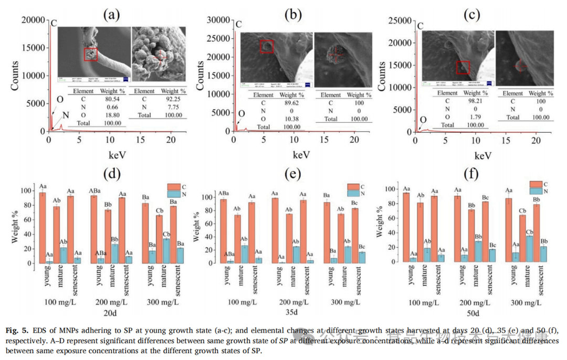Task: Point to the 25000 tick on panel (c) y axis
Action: tap(398, 20)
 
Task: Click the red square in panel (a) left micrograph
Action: tap(91, 54)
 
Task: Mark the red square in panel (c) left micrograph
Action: tap(463, 67)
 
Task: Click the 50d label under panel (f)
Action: tap(474, 313)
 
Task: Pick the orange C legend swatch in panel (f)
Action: tap(535, 184)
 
